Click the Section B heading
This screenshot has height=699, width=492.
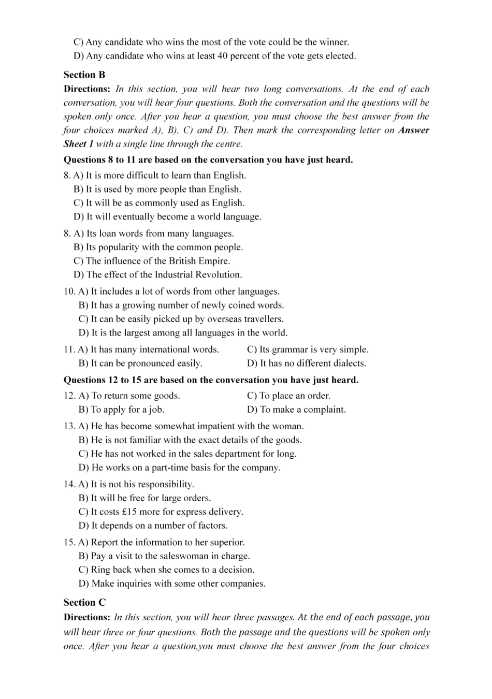tap(84, 75)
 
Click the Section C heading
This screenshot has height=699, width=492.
tap(84, 602)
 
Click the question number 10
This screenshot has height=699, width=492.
tap(69, 292)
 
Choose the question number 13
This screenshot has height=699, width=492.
tap(69, 427)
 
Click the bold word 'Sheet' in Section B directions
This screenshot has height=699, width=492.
tap(75, 144)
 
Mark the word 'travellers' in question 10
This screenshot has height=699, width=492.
tap(263, 319)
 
